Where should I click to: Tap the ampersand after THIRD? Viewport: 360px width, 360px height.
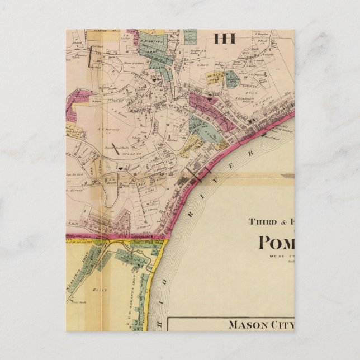[x=281, y=221]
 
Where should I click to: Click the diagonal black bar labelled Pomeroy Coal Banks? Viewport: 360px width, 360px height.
[x=115, y=148]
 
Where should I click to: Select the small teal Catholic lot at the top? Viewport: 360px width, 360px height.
[x=191, y=40]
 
